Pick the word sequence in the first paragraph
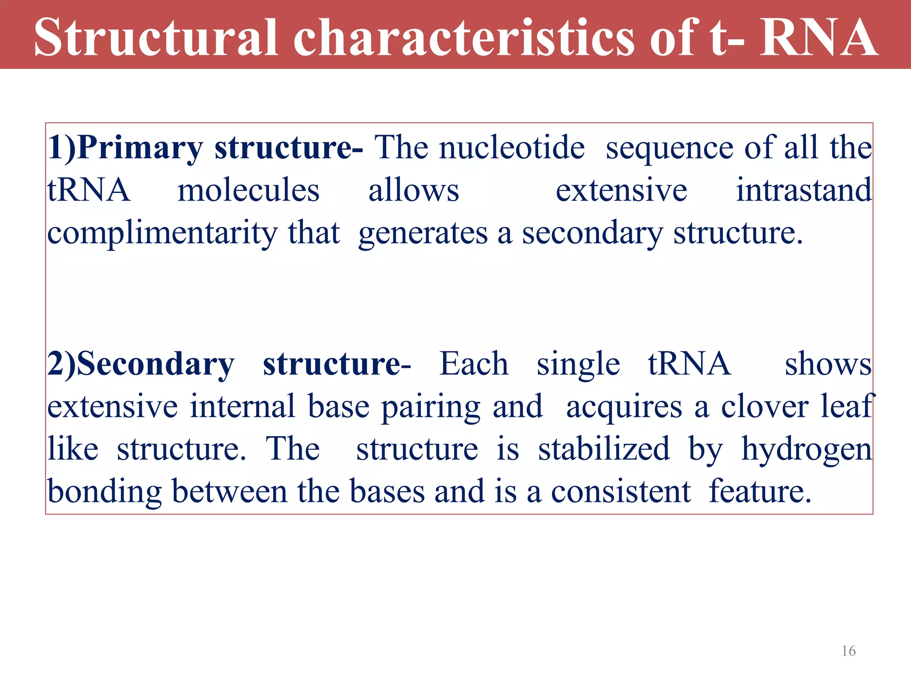[x=669, y=149]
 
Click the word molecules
[x=248, y=190]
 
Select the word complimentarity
[x=162, y=234]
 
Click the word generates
[x=423, y=234]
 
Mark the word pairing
[x=431, y=407]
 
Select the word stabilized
[x=604, y=449]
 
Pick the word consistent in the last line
[x=621, y=492]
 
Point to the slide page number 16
[x=848, y=651]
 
